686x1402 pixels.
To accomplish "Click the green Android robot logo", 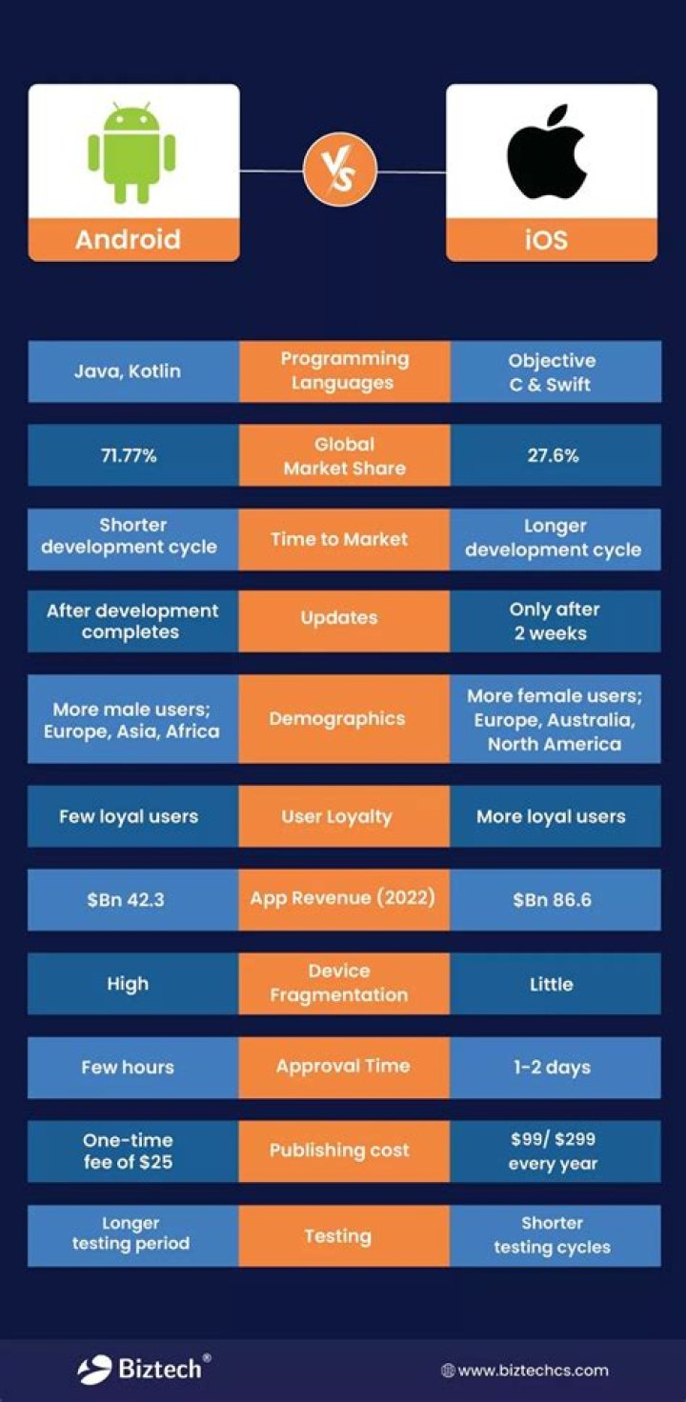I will pos(132,153).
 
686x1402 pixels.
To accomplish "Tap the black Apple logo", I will pos(551,152).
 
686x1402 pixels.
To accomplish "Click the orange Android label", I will pos(132,239).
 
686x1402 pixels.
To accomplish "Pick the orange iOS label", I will pos(551,239).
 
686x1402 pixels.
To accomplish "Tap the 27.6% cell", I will pos(554,455).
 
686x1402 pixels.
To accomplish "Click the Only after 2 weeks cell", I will pos(554,621).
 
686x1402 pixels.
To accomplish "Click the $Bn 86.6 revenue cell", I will pos(554,899).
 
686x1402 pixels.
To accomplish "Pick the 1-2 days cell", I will pos(554,1067).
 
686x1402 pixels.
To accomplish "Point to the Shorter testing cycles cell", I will pos(554,1235).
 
